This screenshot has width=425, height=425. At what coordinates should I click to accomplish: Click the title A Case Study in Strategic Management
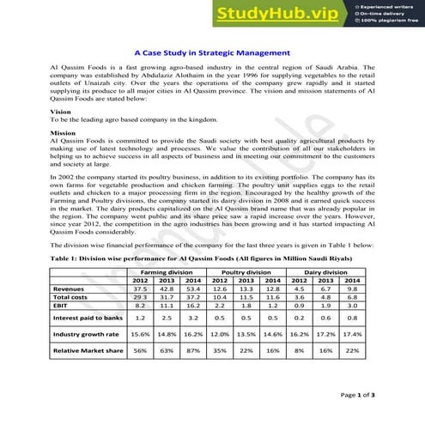pyautogui.click(x=211, y=51)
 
